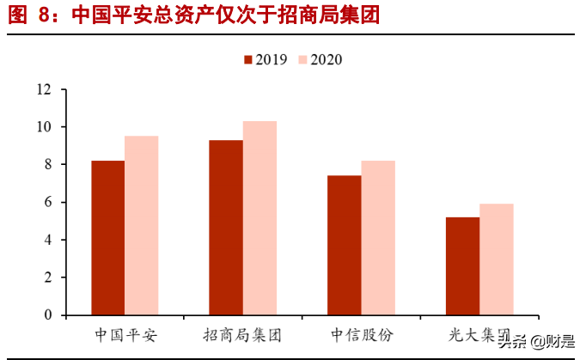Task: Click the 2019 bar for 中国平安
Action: (108, 238)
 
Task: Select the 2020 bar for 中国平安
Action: (142, 225)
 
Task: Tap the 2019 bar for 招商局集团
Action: (226, 228)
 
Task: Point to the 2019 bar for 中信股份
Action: (344, 245)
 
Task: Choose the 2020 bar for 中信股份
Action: (377, 238)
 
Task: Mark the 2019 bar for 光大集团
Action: (462, 266)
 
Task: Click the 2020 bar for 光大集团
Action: (496, 259)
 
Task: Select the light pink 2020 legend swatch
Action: (302, 59)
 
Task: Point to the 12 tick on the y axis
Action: (44, 89)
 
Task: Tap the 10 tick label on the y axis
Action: (44, 127)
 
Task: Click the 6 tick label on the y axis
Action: (47, 202)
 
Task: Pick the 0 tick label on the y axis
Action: (47, 315)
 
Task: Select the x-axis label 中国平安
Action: (125, 333)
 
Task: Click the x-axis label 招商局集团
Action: (243, 333)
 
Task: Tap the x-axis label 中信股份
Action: (361, 333)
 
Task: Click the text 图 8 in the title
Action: (29, 15)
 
